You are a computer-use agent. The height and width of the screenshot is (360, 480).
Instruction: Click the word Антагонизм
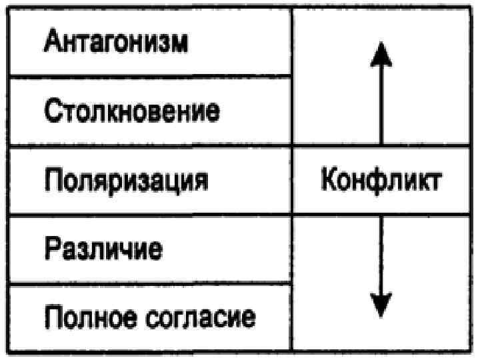[115, 41]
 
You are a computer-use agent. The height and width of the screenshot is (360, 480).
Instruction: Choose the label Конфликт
[380, 180]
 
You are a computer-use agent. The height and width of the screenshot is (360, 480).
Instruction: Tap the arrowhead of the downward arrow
[381, 305]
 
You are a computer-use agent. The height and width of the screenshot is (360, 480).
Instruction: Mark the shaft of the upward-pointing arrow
[381, 107]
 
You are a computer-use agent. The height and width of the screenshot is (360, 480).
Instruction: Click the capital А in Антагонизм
[53, 41]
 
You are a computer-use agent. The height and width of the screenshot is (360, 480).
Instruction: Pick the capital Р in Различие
[52, 249]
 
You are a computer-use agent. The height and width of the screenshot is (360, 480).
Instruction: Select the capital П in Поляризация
[53, 180]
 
